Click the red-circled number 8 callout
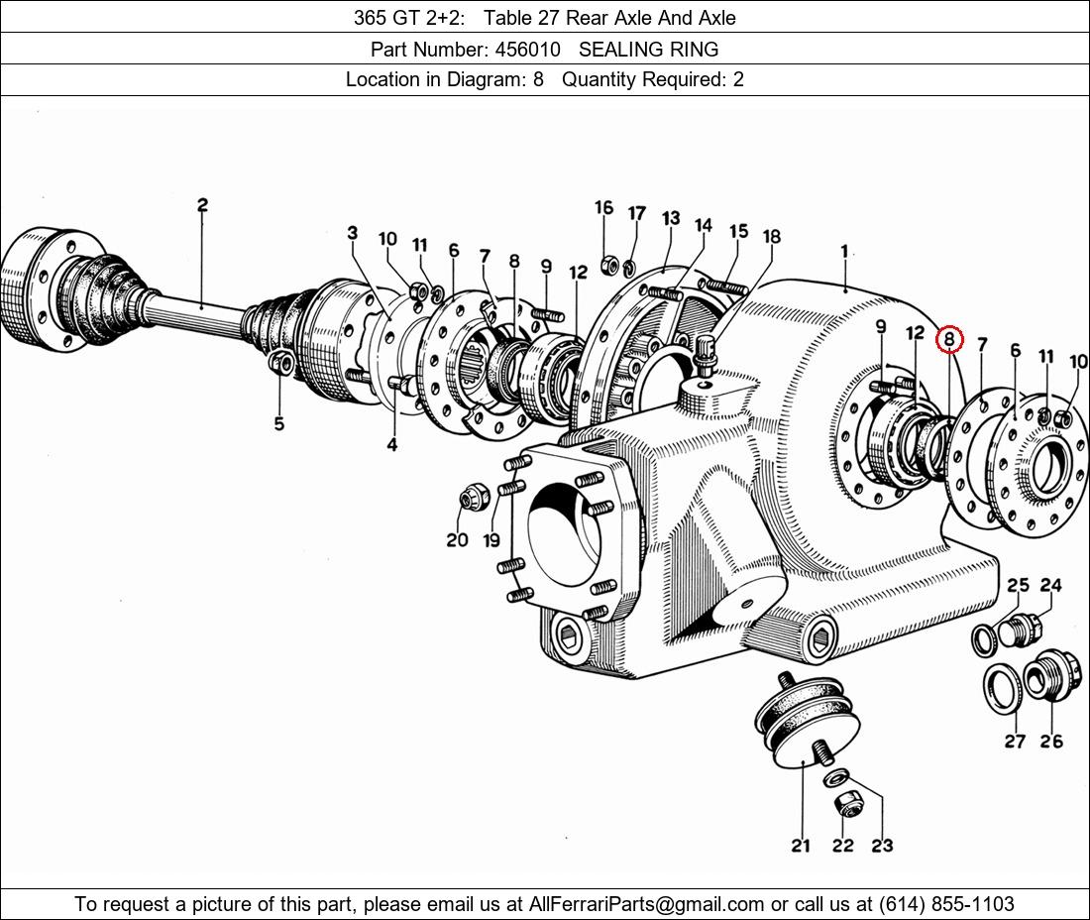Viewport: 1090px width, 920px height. click(949, 340)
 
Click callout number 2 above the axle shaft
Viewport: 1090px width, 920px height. click(202, 205)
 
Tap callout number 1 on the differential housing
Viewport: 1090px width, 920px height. click(844, 251)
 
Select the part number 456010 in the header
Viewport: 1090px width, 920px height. click(527, 50)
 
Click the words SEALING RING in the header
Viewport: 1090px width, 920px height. click(649, 50)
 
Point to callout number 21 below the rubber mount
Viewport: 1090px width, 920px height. click(801, 846)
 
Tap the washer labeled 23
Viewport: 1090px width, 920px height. click(835, 777)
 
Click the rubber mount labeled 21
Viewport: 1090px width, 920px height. click(807, 721)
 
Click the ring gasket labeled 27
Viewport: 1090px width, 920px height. click(1005, 688)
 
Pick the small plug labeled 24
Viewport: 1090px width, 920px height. click(1022, 630)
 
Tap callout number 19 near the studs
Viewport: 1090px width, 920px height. click(490, 539)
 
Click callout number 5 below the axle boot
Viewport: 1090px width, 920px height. click(278, 422)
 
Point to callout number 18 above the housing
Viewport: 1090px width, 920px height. click(772, 236)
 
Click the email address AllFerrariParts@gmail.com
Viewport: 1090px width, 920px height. click(646, 904)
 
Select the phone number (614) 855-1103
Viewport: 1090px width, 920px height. click(946, 904)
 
